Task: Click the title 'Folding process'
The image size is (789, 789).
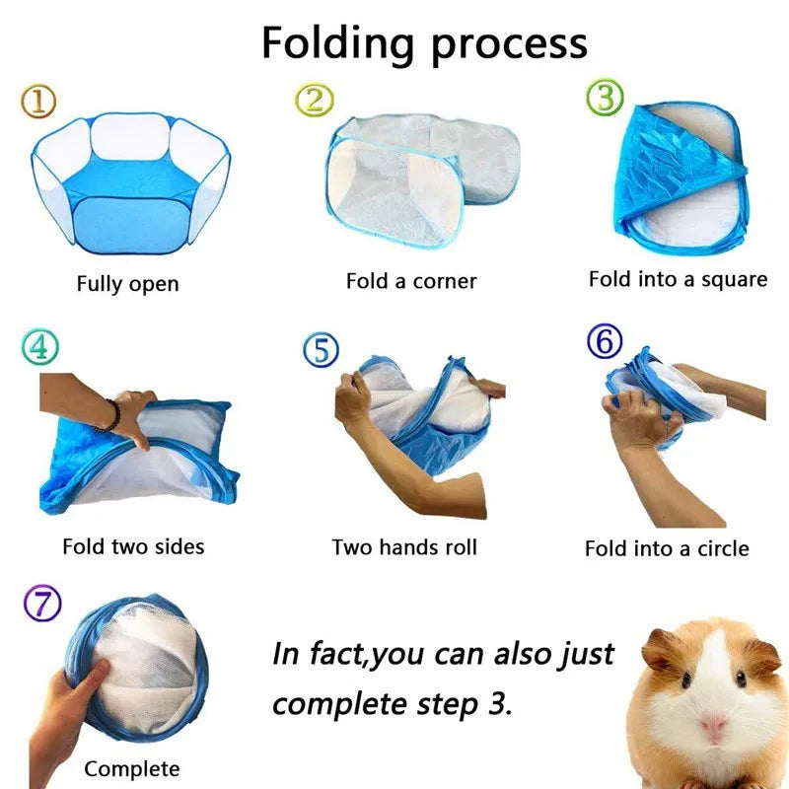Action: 424,43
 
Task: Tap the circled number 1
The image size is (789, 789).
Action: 38,100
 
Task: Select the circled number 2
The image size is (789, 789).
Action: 315,98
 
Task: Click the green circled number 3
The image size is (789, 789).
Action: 605,98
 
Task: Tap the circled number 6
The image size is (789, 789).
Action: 605,342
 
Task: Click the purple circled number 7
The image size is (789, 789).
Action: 41,603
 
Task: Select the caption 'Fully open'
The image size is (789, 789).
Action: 128,284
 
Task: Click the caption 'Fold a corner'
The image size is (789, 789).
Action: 411,281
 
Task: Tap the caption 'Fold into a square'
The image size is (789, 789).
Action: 678,279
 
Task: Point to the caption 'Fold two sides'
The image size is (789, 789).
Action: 133,545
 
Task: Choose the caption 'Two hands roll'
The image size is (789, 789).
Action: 404,546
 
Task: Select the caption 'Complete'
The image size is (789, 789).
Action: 132,768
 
